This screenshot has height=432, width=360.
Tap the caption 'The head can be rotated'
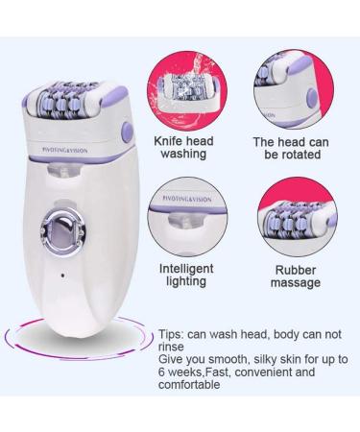pyautogui.click(x=292, y=149)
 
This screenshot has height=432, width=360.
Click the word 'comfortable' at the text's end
pyautogui.click(x=193, y=384)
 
